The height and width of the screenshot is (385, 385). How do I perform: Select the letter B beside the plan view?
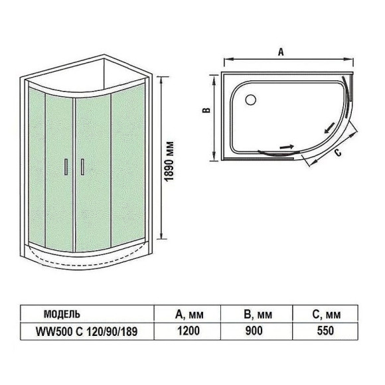pyautogui.click(x=206, y=112)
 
